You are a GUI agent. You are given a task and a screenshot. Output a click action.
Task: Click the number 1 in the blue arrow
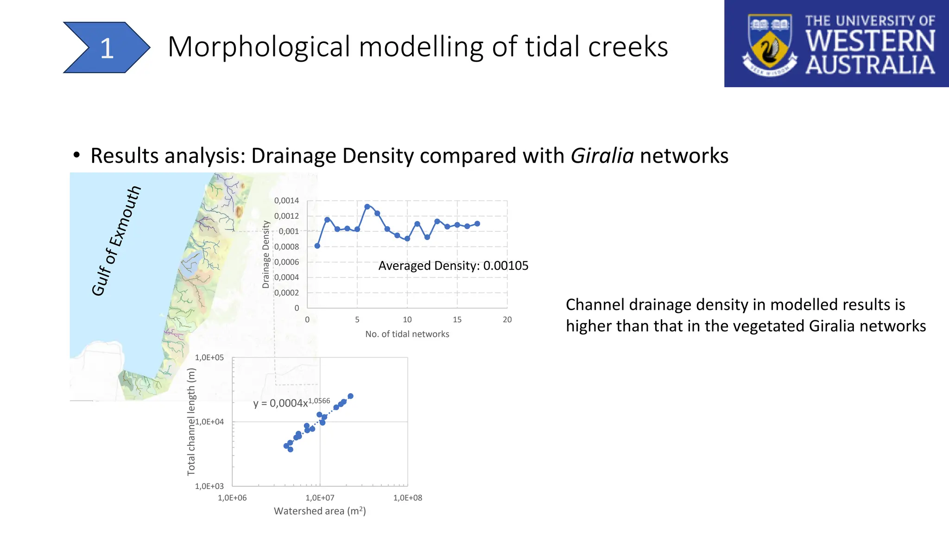click(107, 48)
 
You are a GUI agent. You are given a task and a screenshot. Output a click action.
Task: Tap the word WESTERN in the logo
click(870, 41)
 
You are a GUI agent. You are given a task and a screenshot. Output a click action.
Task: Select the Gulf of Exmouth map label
click(115, 241)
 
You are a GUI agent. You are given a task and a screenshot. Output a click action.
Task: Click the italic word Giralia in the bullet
click(601, 156)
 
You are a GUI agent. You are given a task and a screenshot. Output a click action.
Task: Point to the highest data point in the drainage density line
click(367, 207)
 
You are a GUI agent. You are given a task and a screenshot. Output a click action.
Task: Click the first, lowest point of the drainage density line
click(317, 246)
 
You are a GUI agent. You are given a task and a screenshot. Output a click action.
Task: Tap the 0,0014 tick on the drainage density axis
click(286, 201)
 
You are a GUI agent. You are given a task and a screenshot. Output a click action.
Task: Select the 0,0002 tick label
click(286, 292)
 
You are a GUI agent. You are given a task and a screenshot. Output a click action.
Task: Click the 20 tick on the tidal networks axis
click(507, 319)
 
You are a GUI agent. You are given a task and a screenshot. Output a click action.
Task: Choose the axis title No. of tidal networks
click(407, 334)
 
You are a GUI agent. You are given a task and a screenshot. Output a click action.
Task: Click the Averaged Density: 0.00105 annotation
click(453, 266)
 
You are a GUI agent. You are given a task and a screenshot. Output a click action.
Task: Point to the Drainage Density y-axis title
click(266, 254)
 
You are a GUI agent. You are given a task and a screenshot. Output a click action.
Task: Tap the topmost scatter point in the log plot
click(350, 396)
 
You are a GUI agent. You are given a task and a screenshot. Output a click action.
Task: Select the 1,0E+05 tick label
click(209, 357)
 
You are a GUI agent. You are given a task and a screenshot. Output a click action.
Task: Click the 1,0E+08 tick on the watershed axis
click(407, 498)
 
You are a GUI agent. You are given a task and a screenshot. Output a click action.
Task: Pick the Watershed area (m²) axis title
click(320, 511)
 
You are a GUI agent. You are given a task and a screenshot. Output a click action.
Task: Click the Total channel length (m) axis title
click(191, 421)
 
